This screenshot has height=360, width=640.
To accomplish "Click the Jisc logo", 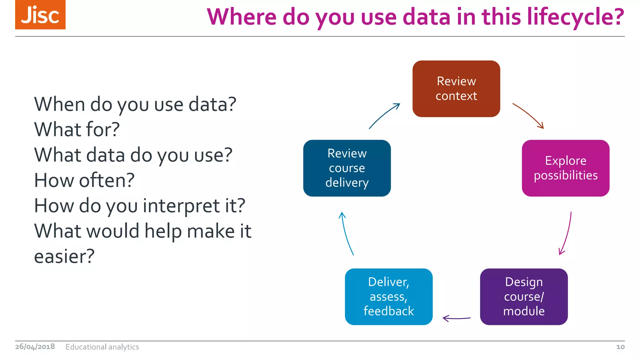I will tap(40, 15).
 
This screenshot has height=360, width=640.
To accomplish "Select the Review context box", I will tap(456, 89).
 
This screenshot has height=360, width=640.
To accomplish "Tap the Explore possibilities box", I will tap(565, 168).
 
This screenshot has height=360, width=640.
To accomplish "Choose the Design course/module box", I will tap(524, 297).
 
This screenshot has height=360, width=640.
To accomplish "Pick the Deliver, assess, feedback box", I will tap(388, 297).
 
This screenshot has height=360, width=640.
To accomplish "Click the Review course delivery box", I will tap(347, 168).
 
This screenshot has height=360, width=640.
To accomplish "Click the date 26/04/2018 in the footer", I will tap(35, 347).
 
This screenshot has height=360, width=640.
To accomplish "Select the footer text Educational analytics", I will tap(102, 347).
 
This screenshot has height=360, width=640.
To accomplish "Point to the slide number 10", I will tap(620, 347).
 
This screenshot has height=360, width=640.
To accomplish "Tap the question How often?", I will tap(84, 180).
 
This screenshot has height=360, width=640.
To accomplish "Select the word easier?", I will tap(64, 257).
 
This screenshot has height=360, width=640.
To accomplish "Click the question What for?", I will tap(77, 130).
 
